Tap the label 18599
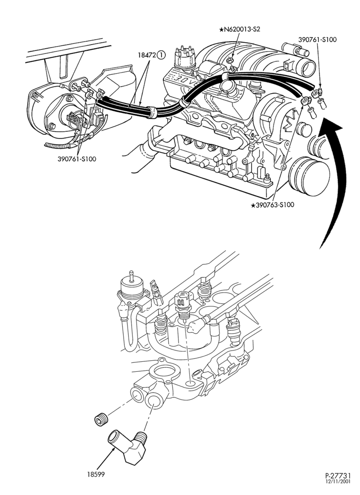click(96, 474)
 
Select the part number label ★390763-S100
click(272, 205)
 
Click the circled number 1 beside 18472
click(161, 55)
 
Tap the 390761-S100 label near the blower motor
click(77, 159)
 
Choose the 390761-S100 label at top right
click(317, 40)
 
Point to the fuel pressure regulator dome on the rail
click(131, 286)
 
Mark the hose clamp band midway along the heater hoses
click(153, 113)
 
